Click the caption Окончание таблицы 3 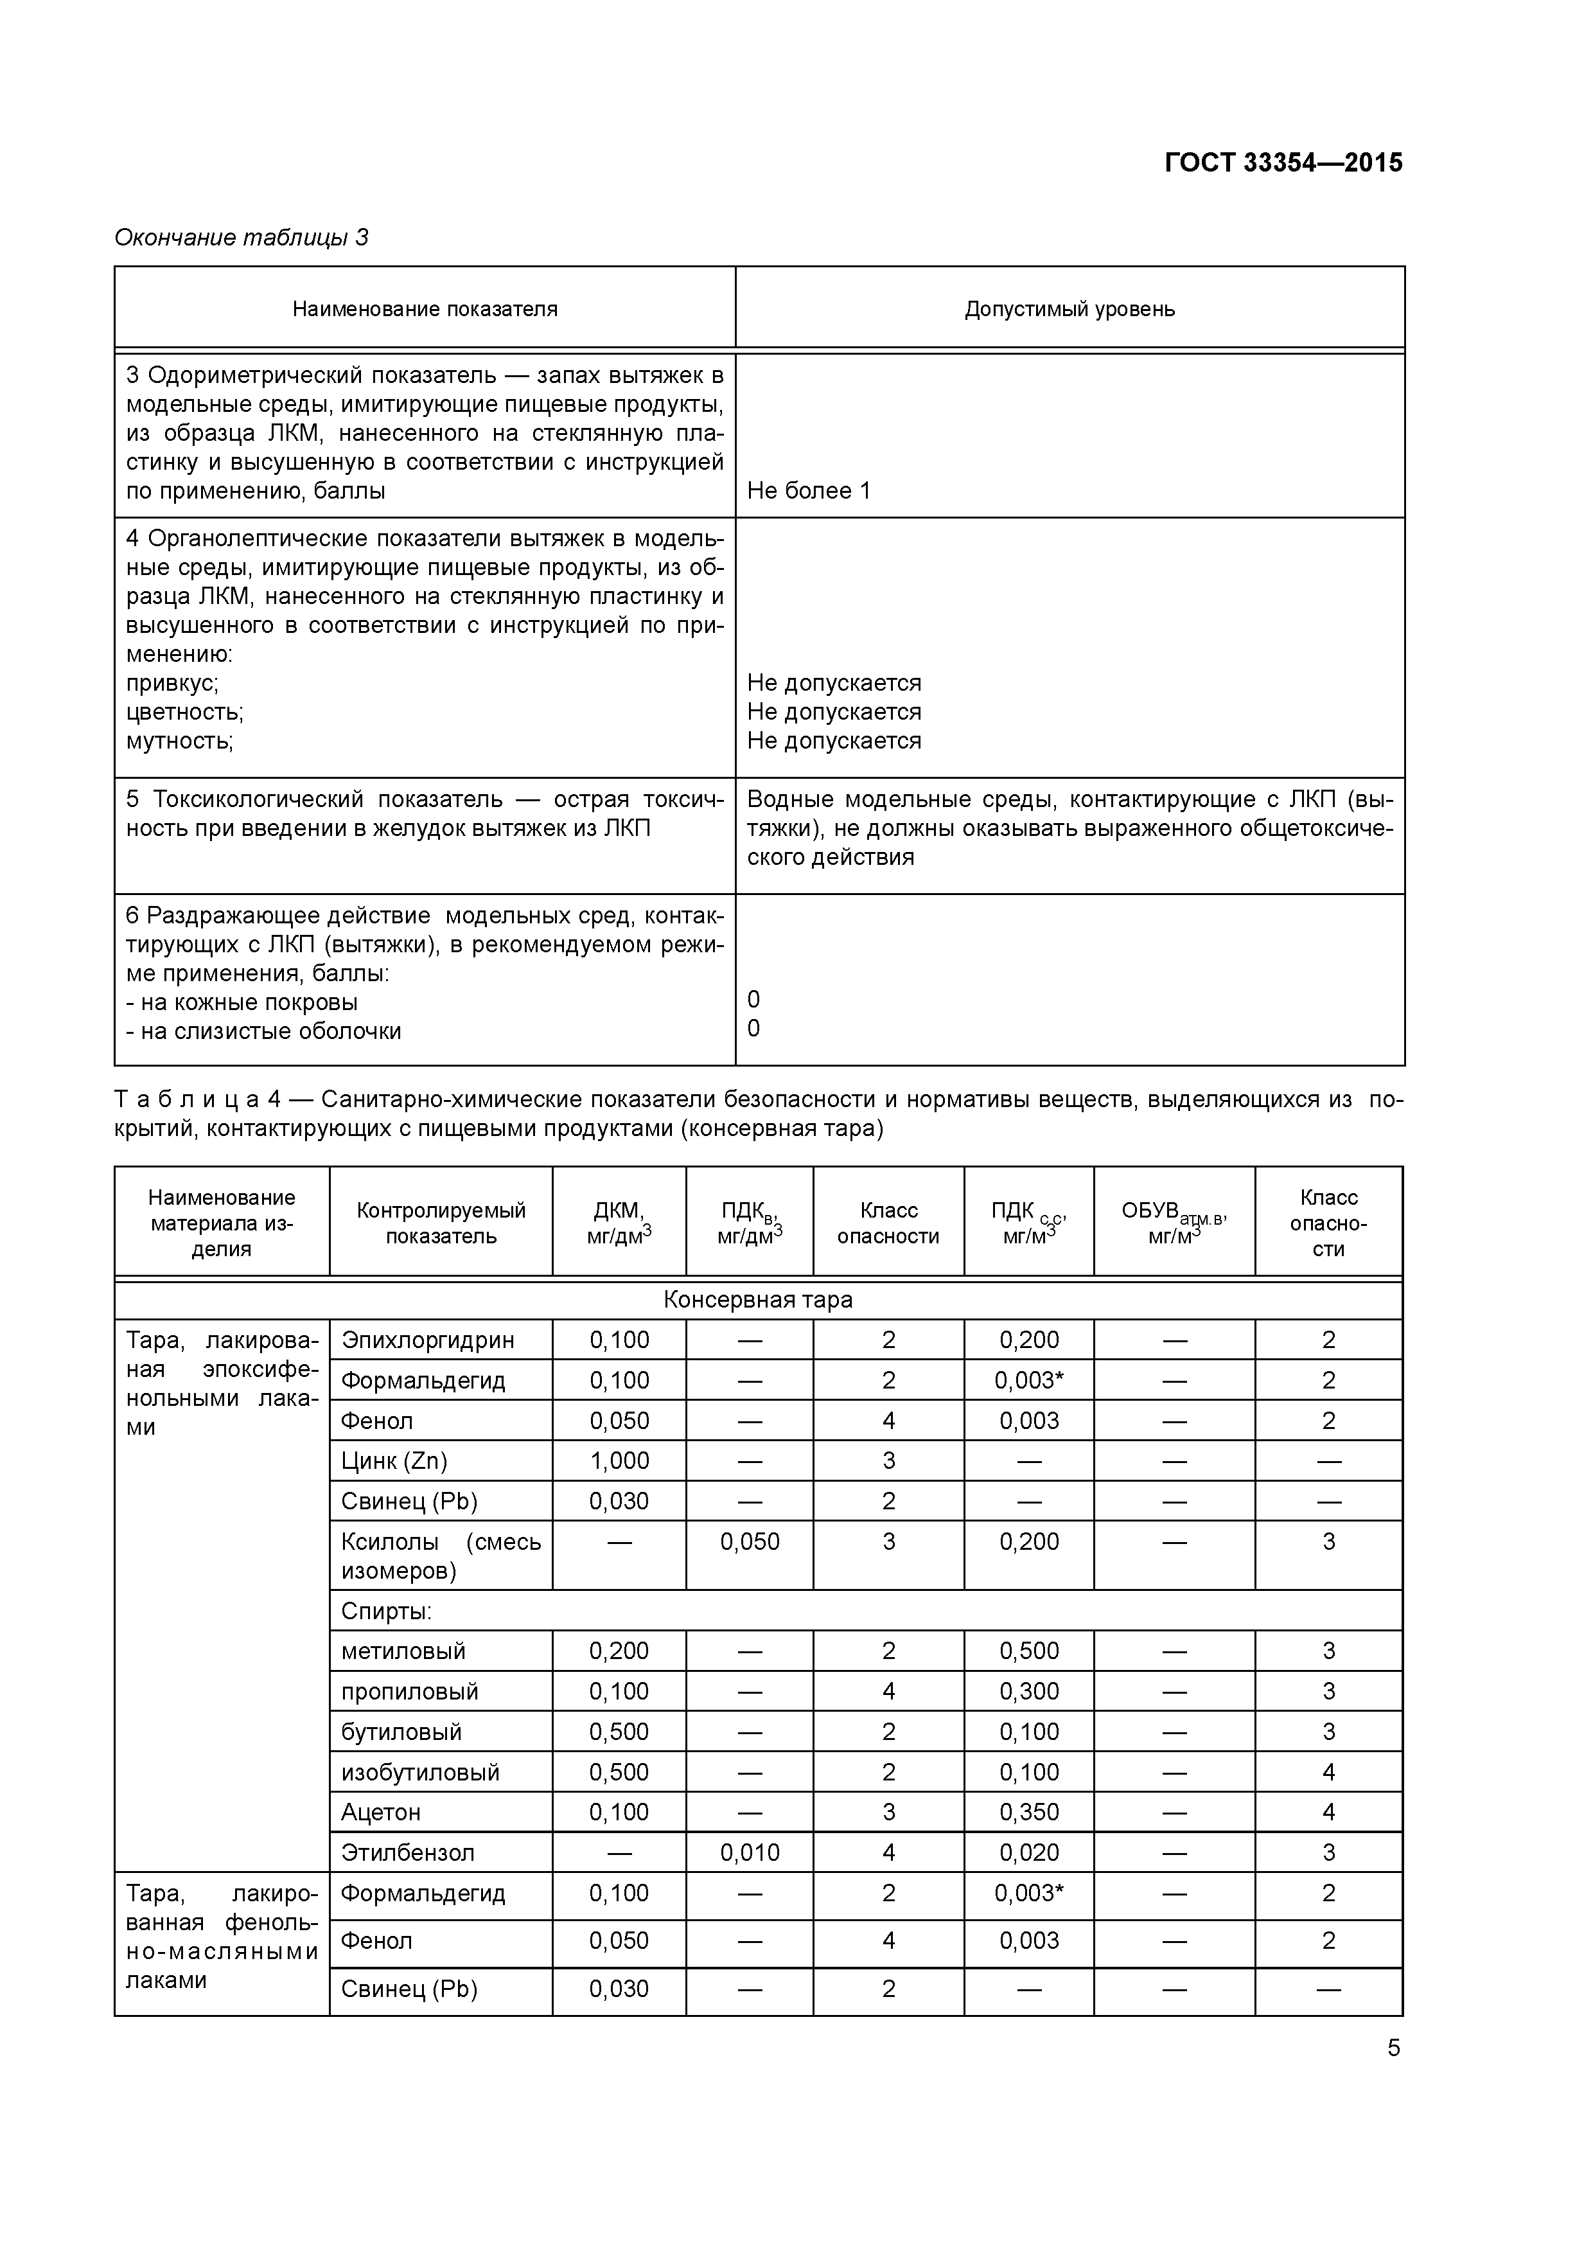click(242, 238)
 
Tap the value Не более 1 click(809, 491)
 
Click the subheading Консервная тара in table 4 click(758, 1300)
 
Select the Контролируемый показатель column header click(441, 1223)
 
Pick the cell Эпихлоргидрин click(427, 1340)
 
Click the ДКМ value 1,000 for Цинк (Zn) click(619, 1460)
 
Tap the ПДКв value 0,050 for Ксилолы click(750, 1541)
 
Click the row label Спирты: click(386, 1611)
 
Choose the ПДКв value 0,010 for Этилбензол click(750, 1852)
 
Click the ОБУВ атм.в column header click(1174, 1223)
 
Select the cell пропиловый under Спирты click(409, 1692)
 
